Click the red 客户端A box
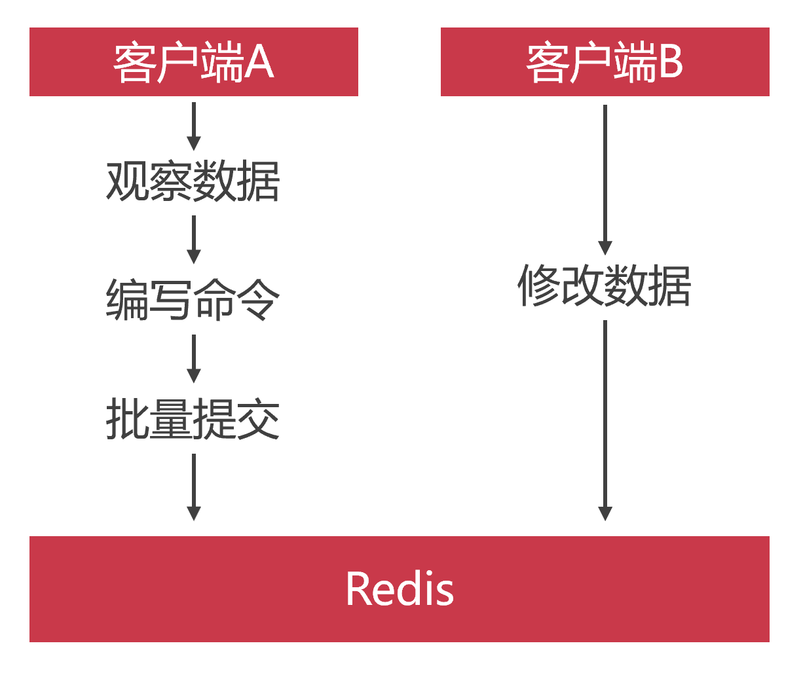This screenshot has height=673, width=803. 193,62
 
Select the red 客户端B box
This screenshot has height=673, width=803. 605,62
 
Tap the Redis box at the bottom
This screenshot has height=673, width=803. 400,589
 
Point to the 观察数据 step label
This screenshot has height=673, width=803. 193,181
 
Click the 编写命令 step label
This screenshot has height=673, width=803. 193,300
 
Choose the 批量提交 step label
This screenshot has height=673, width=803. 193,419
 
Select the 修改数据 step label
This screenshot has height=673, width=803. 605,286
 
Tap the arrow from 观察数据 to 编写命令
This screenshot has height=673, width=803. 193,240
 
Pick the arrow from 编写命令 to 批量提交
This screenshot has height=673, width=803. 193,359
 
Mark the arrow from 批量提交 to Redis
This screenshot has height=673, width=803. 193,487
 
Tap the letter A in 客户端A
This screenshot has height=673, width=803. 259,63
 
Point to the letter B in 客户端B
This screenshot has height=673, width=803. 669,63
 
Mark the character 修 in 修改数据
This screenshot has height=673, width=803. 538,286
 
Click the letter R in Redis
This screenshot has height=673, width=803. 358,589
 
